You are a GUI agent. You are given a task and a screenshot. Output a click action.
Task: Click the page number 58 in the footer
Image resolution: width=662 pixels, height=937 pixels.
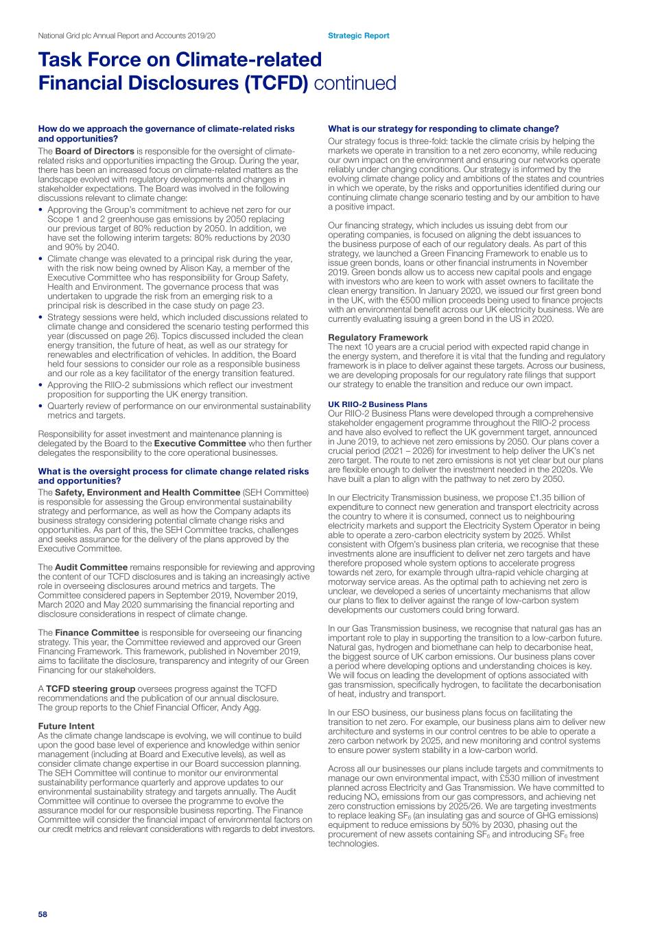[x=43, y=914]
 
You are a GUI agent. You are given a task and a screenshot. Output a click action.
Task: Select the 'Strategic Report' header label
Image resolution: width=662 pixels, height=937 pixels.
[x=358, y=36]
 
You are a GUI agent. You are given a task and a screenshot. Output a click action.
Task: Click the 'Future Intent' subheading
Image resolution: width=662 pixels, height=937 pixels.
[x=66, y=726]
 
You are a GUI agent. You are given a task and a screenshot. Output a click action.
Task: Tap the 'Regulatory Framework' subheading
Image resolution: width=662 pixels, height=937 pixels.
[x=378, y=337]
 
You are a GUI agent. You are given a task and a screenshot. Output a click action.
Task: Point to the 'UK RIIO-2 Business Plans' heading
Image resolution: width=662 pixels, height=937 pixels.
[x=377, y=404]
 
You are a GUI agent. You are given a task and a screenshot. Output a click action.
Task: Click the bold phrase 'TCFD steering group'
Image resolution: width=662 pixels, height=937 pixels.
[x=90, y=689]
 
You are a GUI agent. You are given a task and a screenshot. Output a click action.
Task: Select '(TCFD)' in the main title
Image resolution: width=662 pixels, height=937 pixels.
[x=272, y=83]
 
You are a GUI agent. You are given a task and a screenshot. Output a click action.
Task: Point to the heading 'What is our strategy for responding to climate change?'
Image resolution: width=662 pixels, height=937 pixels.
[x=443, y=128]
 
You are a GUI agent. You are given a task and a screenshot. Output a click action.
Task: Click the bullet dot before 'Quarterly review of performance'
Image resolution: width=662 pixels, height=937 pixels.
[x=41, y=406]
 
